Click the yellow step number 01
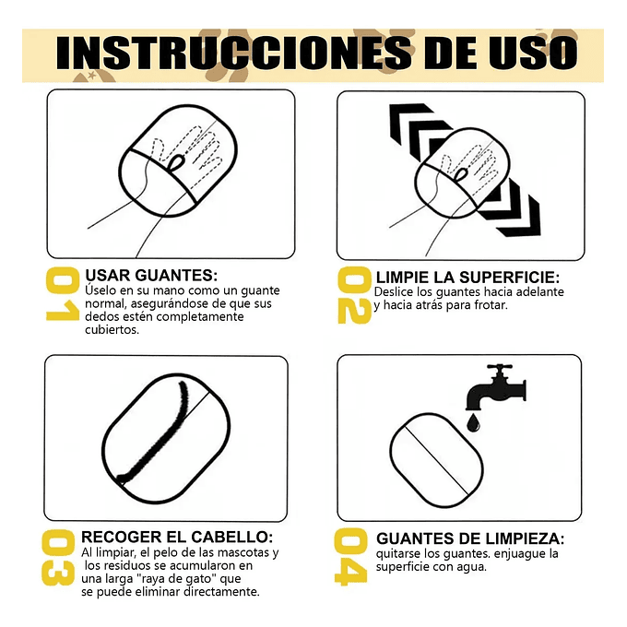(61, 295)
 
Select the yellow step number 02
(354, 295)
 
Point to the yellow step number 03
(61, 557)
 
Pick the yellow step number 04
(354, 557)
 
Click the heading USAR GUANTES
(151, 275)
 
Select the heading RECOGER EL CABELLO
(177, 537)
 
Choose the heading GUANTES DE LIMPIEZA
(470, 538)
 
